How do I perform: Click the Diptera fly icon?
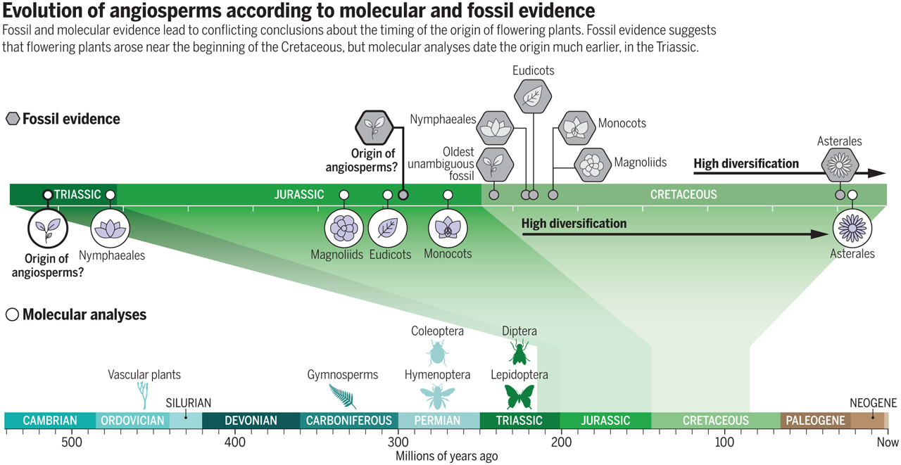coord(519,352)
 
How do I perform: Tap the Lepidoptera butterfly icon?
coord(519,396)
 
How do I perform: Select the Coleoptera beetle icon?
coord(438,353)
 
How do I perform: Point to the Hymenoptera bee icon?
coord(437,397)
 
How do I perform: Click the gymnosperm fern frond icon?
coord(343,397)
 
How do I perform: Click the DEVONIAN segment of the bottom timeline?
coord(251,421)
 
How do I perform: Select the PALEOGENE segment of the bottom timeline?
coord(815,421)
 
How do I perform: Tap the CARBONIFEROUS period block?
coord(349,421)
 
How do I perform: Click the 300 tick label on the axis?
coord(398,442)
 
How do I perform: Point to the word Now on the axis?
coord(888,442)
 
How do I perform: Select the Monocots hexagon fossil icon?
coord(577,127)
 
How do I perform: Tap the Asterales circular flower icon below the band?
coord(852,229)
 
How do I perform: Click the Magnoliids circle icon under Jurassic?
coord(344,229)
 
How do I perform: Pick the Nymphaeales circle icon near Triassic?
coord(111,229)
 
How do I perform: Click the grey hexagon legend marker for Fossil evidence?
coord(12,119)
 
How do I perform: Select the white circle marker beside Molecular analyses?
coord(12,314)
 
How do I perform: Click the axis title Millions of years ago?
coord(446,457)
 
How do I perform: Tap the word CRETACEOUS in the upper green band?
coord(683,195)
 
